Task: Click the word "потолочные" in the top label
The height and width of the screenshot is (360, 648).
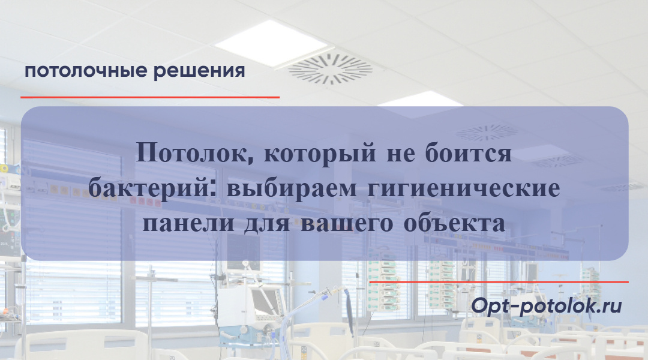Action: [x=86, y=71]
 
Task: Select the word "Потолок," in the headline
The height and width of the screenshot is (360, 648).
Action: [x=193, y=154]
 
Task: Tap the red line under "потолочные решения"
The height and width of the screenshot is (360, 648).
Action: [x=150, y=97]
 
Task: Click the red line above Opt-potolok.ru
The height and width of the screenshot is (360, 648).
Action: [x=499, y=281]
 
